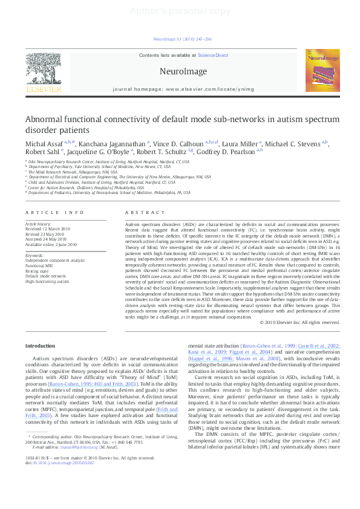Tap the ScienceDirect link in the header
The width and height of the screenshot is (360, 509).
(213, 55)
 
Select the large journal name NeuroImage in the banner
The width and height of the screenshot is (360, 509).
(183, 71)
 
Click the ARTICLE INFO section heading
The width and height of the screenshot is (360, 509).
(54, 212)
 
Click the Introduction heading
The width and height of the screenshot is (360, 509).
(41, 345)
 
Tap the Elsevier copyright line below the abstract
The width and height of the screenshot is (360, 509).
(299, 322)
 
